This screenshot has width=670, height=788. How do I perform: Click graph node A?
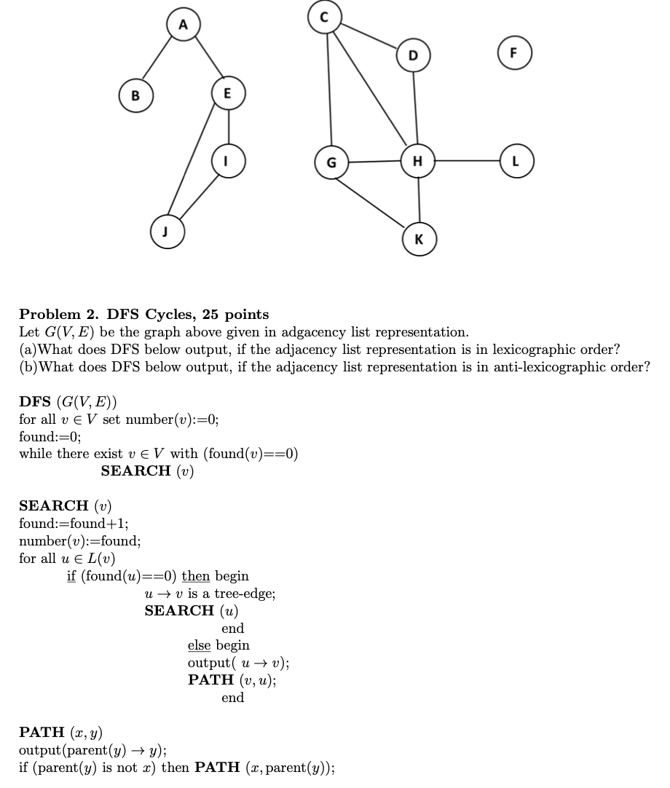point(183,24)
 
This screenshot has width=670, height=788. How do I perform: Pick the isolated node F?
point(514,53)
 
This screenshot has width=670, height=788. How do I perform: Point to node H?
point(417,161)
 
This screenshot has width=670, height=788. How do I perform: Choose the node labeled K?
point(419,239)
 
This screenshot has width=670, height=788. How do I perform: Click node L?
point(516,161)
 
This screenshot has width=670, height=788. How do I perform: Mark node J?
point(166,232)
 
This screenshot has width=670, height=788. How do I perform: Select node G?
point(331,162)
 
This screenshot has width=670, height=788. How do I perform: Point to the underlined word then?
point(196,576)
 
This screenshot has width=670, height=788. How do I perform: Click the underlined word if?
point(71,576)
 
